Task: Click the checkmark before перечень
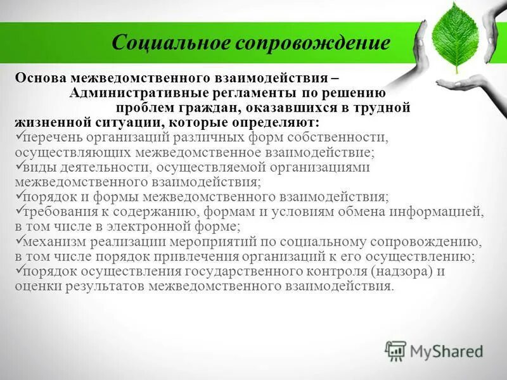pyautogui.click(x=18, y=136)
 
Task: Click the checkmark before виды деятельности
pyautogui.click(x=18, y=165)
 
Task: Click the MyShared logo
pyautogui.click(x=433, y=350)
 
